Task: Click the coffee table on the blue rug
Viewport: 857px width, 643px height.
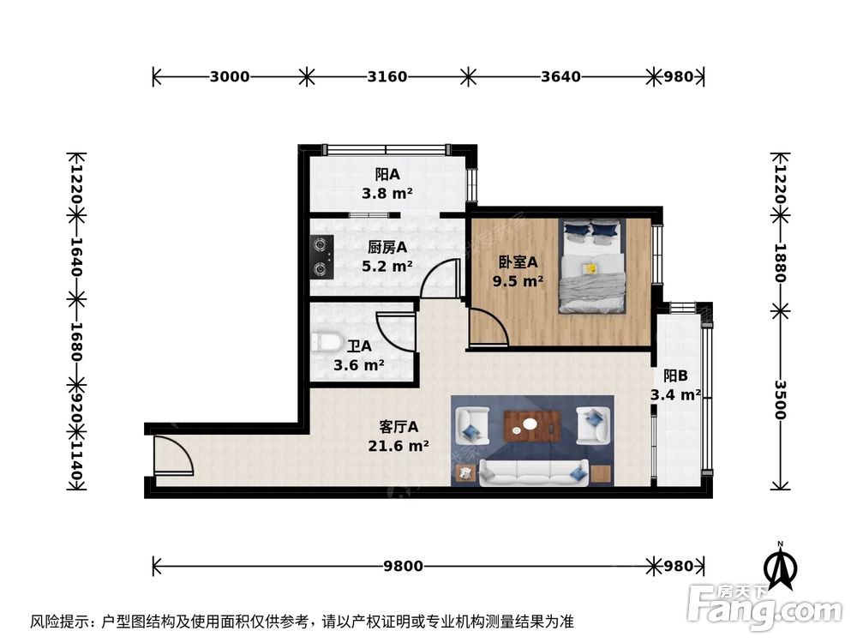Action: pyautogui.click(x=531, y=423)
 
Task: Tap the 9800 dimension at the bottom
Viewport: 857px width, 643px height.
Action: pyautogui.click(x=402, y=566)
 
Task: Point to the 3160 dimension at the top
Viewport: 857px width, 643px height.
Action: pyautogui.click(x=387, y=76)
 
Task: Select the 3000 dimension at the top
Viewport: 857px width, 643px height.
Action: pyautogui.click(x=229, y=76)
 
